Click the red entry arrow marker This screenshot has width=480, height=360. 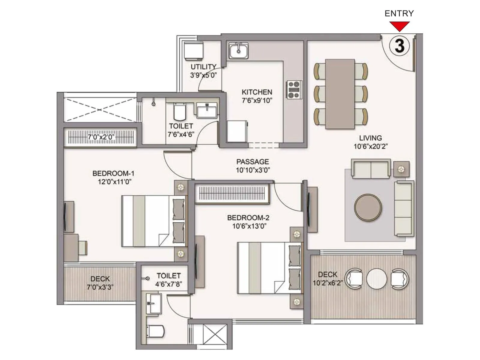tap(399, 26)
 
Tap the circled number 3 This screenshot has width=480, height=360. tap(399, 46)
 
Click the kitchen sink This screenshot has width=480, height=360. tap(238, 51)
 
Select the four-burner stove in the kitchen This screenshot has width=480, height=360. tap(294, 89)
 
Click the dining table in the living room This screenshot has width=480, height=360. tap(340, 94)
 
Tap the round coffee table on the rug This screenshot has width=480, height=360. tap(368, 208)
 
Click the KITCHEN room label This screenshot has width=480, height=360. tap(257, 92)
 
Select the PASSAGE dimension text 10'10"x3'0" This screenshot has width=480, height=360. tap(253, 170)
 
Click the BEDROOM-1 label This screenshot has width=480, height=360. tap(113, 173)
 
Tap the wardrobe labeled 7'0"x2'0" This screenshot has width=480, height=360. tap(100, 137)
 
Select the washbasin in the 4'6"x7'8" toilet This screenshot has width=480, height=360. tap(154, 303)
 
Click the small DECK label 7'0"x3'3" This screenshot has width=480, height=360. tap(100, 283)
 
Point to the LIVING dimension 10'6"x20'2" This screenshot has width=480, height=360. tap(370, 146)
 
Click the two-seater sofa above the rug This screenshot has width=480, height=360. tap(371, 169)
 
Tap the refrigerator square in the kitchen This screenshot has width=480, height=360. tap(237, 131)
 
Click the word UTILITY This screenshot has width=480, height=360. tap(203, 67)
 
